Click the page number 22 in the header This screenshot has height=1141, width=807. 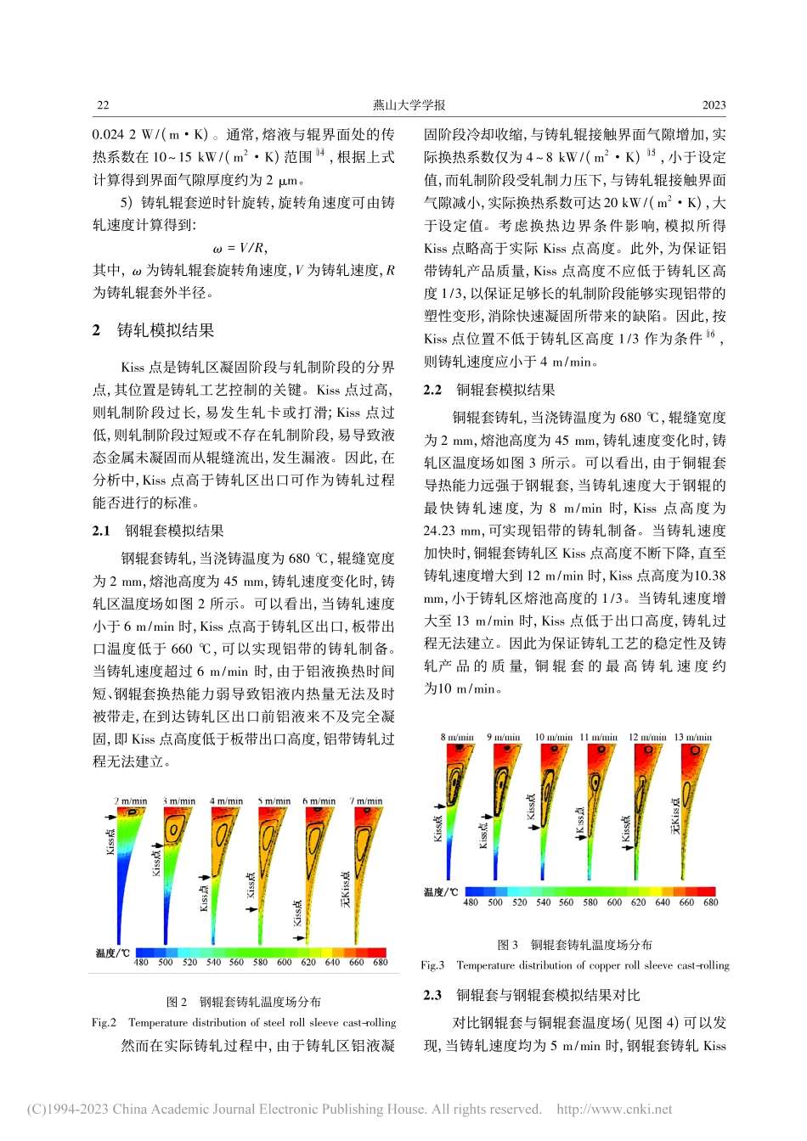(x=103, y=105)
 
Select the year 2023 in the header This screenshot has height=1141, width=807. (x=714, y=105)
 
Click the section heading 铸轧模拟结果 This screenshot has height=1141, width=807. (x=165, y=330)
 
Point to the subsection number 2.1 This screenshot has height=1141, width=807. (x=101, y=531)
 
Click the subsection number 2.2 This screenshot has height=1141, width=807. (x=432, y=390)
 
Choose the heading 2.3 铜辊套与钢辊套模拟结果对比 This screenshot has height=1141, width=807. (x=532, y=995)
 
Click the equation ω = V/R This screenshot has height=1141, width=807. (x=240, y=248)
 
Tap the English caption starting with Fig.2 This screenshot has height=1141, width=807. (x=244, y=1022)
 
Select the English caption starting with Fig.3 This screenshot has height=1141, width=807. (x=575, y=965)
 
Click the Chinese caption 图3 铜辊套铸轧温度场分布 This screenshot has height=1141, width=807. (x=575, y=944)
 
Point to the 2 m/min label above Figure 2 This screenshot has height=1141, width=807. (x=131, y=801)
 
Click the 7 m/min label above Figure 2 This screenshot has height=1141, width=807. (x=366, y=801)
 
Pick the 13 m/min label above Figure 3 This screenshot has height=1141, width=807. (x=692, y=737)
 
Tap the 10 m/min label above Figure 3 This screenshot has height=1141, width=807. (x=553, y=737)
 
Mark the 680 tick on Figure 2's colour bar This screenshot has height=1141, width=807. (x=380, y=962)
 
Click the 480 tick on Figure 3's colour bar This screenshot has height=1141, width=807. (x=471, y=902)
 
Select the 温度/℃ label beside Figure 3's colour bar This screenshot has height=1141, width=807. (x=441, y=892)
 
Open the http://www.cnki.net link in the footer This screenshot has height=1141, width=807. (x=614, y=1109)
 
